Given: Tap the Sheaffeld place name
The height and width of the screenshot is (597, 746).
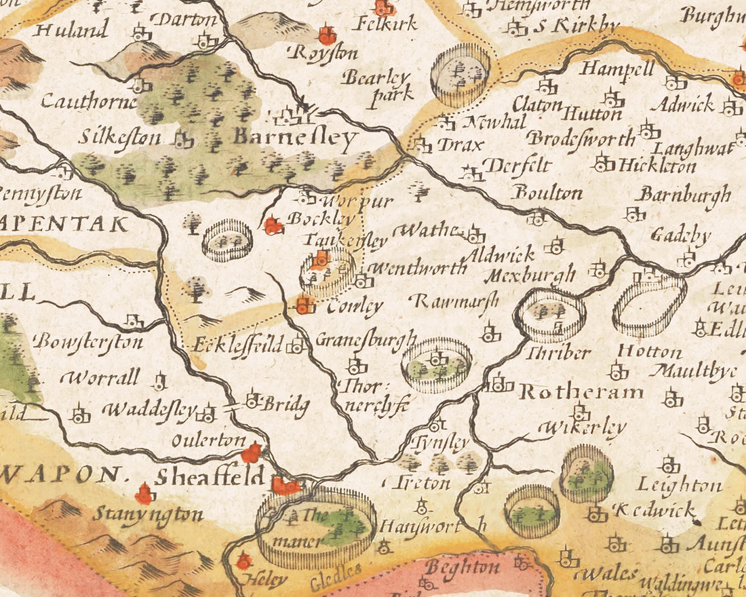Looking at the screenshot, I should [210, 476].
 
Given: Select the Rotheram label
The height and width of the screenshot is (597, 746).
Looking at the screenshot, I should [581, 392].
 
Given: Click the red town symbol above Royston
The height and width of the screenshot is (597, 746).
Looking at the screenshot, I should [328, 35].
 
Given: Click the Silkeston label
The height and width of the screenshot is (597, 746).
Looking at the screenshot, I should [121, 138].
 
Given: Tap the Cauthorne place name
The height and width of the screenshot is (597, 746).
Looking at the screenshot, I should [89, 102].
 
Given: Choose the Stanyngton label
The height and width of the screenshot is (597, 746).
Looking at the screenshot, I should [149, 514].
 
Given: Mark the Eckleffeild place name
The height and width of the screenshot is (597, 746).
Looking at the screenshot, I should [237, 344].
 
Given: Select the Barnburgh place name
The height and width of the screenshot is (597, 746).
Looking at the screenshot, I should [686, 195].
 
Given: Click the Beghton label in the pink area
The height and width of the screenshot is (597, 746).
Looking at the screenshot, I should [464, 567].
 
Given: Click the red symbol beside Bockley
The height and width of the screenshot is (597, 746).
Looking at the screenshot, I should [273, 225].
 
